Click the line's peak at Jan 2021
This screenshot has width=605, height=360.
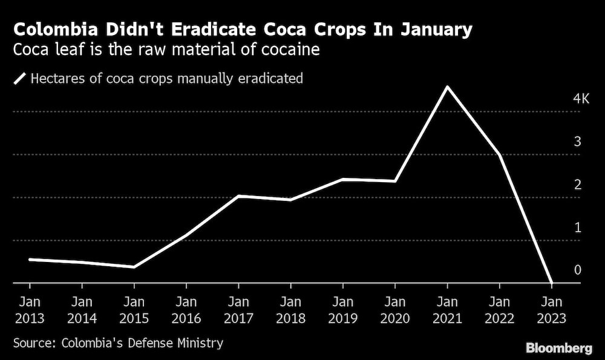(x=447, y=87)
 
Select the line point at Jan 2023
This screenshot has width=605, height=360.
(x=551, y=283)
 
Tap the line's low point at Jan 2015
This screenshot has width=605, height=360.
(x=134, y=267)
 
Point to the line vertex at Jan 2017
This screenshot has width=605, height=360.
(x=238, y=196)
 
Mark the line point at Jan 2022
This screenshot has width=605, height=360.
(x=499, y=154)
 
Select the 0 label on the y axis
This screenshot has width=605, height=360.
(x=578, y=270)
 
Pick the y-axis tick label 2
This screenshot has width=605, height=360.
(x=578, y=185)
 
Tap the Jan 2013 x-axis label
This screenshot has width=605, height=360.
(x=30, y=310)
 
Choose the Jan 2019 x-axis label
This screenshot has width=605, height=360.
(x=343, y=310)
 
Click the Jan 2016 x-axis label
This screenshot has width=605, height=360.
(x=186, y=310)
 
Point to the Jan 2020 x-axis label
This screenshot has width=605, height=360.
(x=395, y=310)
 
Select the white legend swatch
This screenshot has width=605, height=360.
(x=19, y=78)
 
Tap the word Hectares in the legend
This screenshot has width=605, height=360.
(x=58, y=78)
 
